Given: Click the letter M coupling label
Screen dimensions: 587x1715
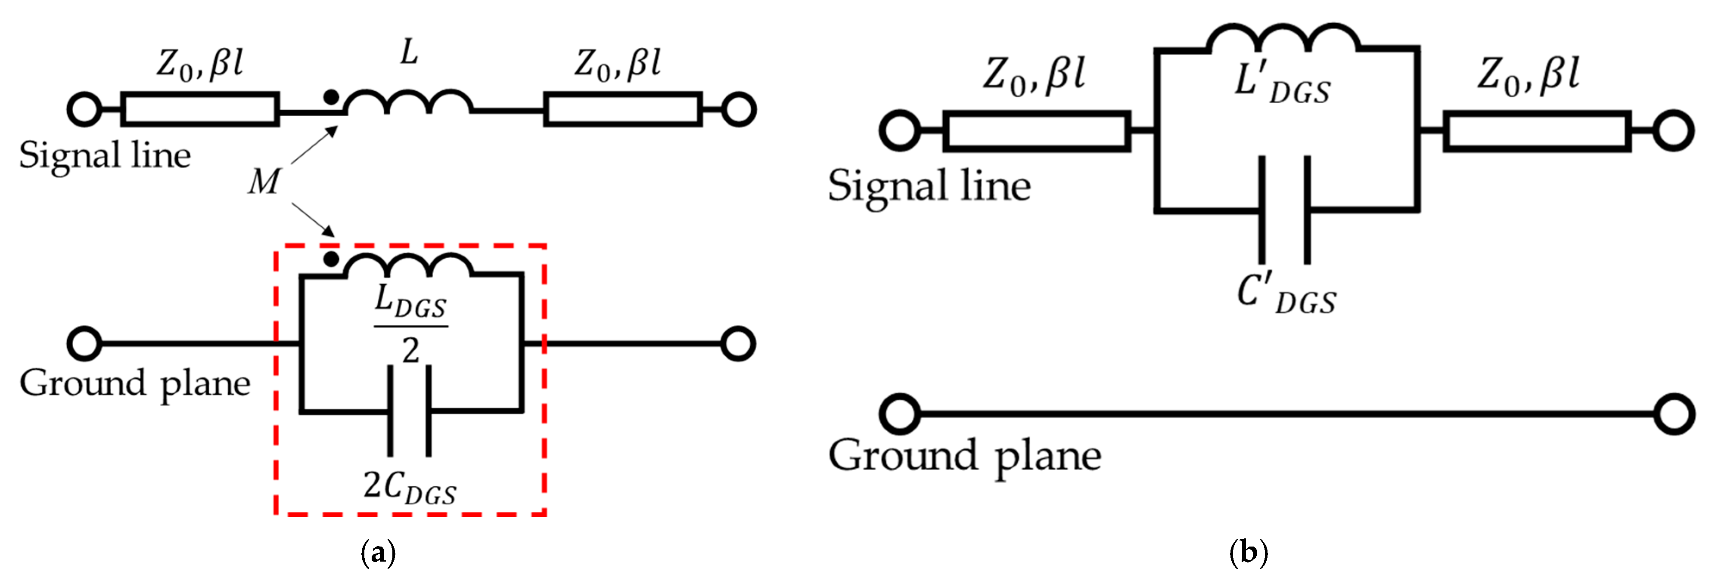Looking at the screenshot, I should point(264,182).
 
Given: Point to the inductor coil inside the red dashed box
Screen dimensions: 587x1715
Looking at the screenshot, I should point(408,266).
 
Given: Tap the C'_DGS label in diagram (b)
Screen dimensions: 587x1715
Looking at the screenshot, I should point(1286,295).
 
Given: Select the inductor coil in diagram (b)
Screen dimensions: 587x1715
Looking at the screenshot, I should point(1282,40).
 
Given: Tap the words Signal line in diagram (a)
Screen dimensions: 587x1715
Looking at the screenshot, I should point(105,156).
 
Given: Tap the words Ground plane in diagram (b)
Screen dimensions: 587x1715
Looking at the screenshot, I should point(964,457).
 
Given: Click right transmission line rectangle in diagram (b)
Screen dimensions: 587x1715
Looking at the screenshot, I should point(1537,131).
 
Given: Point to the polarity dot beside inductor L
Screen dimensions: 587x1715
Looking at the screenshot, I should point(330,97).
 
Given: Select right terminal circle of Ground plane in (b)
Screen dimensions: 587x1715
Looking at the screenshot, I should point(1673,414).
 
